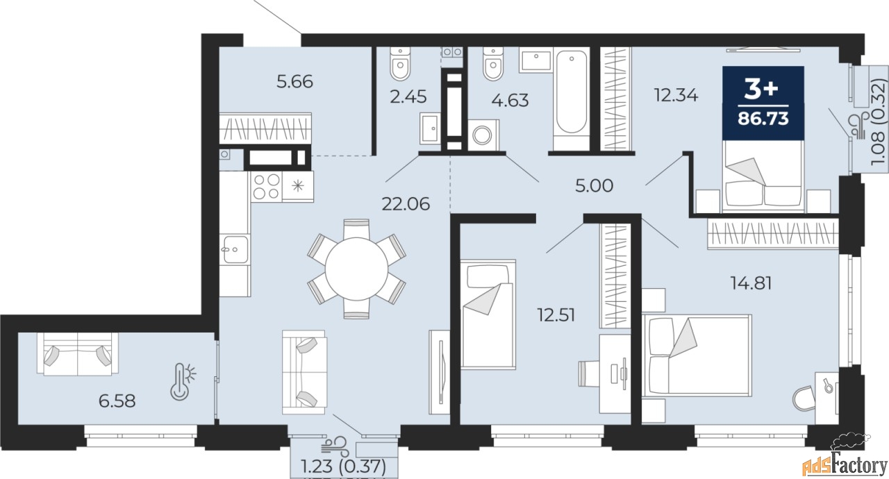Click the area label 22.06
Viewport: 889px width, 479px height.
[x=406, y=203]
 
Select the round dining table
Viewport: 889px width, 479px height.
[x=356, y=268]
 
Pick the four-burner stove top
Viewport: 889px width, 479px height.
[x=266, y=186]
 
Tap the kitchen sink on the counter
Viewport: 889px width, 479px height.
[x=234, y=248]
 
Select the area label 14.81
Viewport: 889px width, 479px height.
[x=751, y=283]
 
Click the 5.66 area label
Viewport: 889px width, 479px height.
[x=294, y=82]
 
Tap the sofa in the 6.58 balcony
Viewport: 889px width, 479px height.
[x=77, y=353]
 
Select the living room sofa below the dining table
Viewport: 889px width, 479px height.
[x=304, y=372]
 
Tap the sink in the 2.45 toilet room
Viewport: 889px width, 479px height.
[x=430, y=128]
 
